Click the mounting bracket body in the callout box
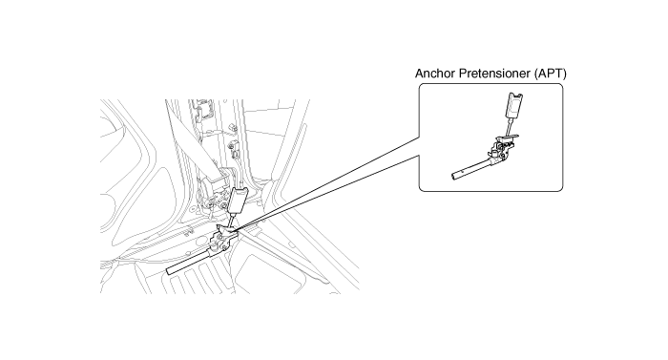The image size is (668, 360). tap(502, 148)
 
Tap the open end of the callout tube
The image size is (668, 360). tap(454, 176)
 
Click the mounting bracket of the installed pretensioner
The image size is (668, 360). tap(223, 240)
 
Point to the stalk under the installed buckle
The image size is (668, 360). tap(233, 220)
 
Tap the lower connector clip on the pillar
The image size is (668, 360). tap(234, 145)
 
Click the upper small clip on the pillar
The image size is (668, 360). tap(233, 128)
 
